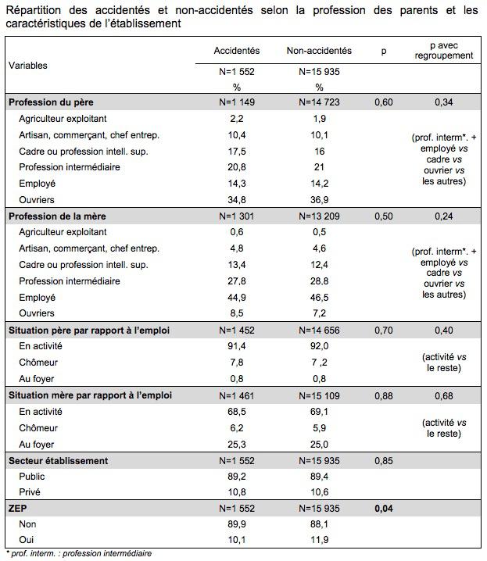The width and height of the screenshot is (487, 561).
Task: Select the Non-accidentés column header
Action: pyautogui.click(x=319, y=51)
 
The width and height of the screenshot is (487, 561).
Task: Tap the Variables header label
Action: pyautogui.click(x=28, y=66)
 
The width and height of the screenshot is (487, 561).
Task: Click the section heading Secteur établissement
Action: pyautogui.click(x=59, y=460)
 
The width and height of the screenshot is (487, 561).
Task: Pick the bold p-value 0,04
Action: pyautogui.click(x=383, y=509)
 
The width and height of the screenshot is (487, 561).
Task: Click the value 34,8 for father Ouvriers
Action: pyautogui.click(x=236, y=200)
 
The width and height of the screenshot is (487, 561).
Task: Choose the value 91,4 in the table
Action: pyautogui.click(x=236, y=346)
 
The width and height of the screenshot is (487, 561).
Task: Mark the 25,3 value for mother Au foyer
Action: pyautogui.click(x=236, y=444)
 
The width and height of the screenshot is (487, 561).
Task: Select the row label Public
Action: pyautogui.click(x=32, y=477)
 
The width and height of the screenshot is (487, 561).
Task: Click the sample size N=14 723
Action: pyautogui.click(x=319, y=102)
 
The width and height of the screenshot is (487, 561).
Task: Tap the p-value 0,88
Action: pyautogui.click(x=383, y=395)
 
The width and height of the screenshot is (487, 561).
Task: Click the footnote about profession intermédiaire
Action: pyautogui.click(x=78, y=554)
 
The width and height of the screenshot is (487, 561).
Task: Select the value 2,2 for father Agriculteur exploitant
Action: pyautogui.click(x=236, y=118)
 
